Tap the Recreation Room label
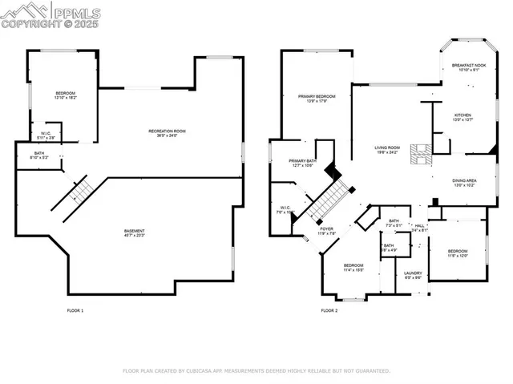tap(167, 133)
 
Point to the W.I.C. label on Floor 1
tap(46, 135)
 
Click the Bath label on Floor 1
tap(40, 155)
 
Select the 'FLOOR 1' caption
tap(75, 310)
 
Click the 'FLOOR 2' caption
tap(329, 310)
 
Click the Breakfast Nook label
tap(468, 67)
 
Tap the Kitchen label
tap(464, 117)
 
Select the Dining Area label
tap(466, 183)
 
